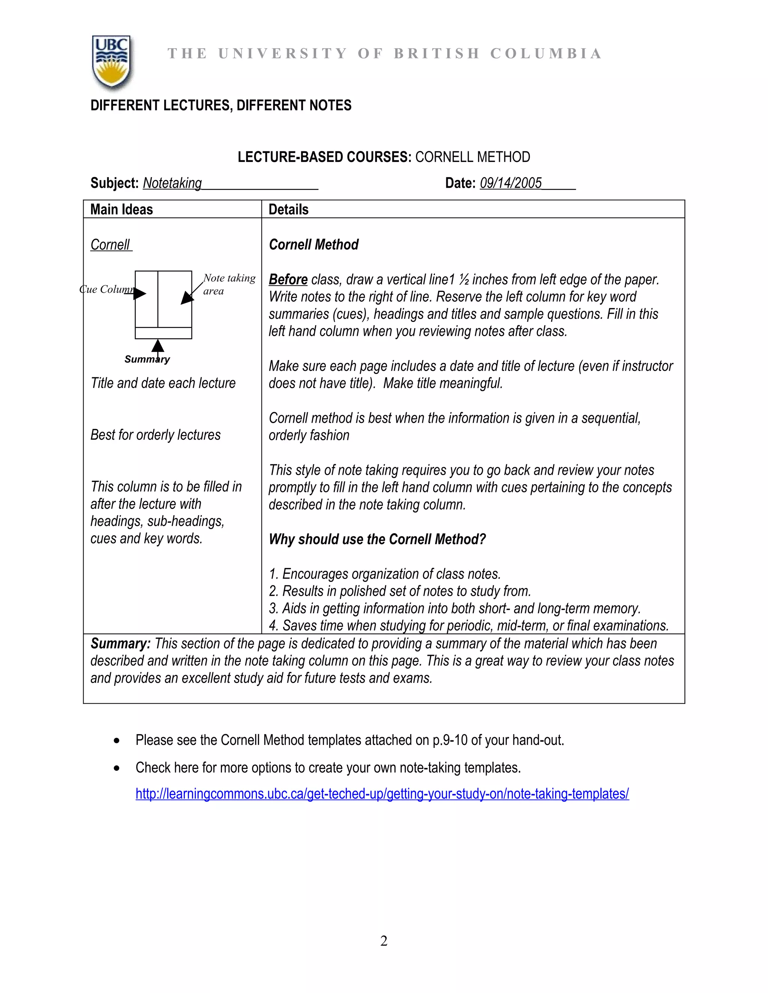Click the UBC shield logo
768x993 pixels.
point(111,62)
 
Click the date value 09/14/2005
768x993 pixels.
point(510,183)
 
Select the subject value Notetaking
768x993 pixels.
point(172,183)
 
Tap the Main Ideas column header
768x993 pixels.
point(121,209)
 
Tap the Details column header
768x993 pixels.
point(288,209)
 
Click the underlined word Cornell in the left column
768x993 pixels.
point(111,245)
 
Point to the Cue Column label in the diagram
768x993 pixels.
point(106,289)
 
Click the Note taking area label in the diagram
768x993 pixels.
point(228,284)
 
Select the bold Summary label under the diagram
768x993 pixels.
point(147,360)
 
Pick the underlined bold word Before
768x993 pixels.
point(288,280)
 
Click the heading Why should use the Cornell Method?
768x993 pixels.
point(377,539)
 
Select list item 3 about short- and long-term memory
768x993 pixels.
point(455,608)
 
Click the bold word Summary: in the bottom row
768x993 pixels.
point(120,644)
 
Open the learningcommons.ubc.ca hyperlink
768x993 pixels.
point(382,794)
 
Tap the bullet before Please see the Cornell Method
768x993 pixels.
point(117,741)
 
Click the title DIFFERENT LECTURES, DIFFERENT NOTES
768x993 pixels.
point(220,106)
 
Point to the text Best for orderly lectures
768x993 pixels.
point(156,435)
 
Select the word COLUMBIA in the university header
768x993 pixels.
point(546,54)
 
